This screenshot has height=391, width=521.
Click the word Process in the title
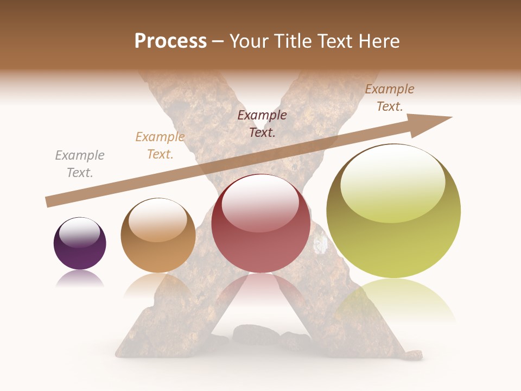point(170,41)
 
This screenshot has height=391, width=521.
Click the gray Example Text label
point(80,164)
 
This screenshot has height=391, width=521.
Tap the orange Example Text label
point(160,146)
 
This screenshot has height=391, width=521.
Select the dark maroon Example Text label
point(262,123)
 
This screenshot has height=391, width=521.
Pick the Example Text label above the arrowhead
point(390,98)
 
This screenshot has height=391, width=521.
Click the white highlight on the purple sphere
point(80,232)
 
